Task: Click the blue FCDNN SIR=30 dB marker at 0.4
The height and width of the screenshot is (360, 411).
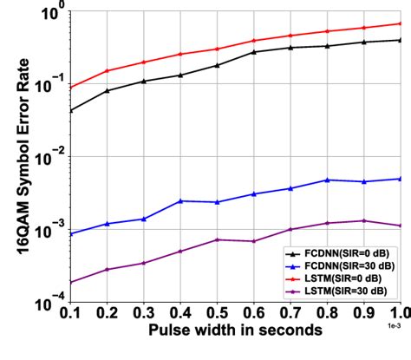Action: [x=179, y=201]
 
